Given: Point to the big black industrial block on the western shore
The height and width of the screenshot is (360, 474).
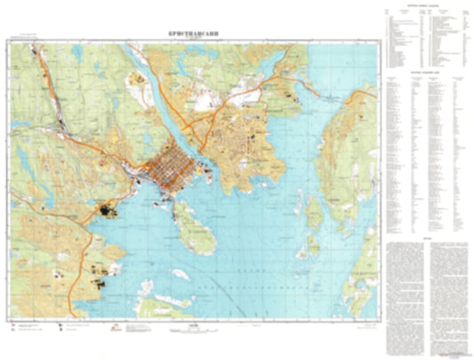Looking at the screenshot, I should tap(108, 211).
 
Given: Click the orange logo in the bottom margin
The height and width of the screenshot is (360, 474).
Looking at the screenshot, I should tap(116, 330).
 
